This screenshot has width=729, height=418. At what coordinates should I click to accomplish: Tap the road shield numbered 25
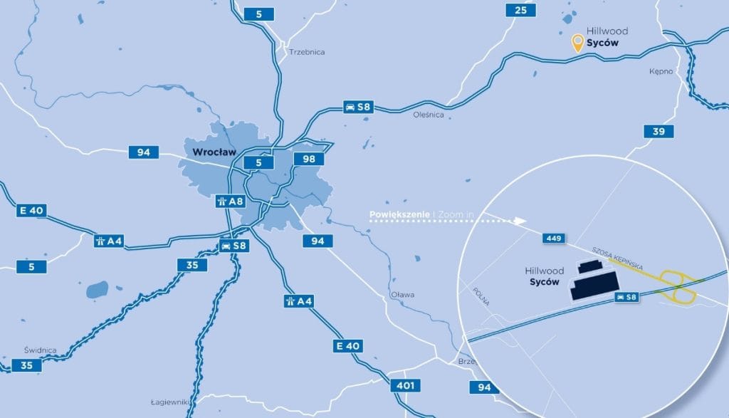521,10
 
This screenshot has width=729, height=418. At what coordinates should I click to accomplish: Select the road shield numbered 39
658,132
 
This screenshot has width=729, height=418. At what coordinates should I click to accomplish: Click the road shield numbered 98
309,159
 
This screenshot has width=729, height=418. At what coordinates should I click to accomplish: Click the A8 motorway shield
230,201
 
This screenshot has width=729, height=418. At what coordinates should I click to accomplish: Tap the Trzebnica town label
307,52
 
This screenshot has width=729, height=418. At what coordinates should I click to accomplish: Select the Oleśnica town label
428,114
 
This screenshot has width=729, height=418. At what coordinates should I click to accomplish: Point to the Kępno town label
661,72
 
